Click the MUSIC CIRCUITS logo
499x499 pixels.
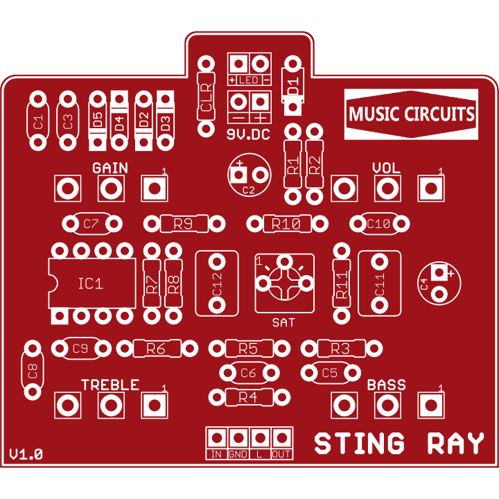click(x=411, y=114)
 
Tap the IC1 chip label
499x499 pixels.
click(x=91, y=283)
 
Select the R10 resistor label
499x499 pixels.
click(x=286, y=224)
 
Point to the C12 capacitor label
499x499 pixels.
click(x=217, y=284)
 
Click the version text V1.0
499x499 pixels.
click(x=26, y=454)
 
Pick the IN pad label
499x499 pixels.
click(x=216, y=454)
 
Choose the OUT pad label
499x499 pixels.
click(x=281, y=454)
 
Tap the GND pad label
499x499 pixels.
click(x=238, y=454)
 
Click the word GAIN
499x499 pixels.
click(x=110, y=168)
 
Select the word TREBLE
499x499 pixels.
click(x=110, y=385)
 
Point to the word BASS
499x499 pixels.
click(x=386, y=385)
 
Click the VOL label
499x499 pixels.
click(x=386, y=168)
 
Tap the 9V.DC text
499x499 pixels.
click(x=248, y=134)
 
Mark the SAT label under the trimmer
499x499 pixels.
click(x=283, y=323)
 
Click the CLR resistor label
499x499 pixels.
click(x=207, y=97)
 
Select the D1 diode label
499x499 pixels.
click(x=292, y=86)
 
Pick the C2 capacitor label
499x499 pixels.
click(x=249, y=190)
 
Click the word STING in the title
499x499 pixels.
click(x=359, y=443)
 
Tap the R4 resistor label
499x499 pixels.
click(x=248, y=397)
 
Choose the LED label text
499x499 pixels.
click(x=249, y=80)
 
